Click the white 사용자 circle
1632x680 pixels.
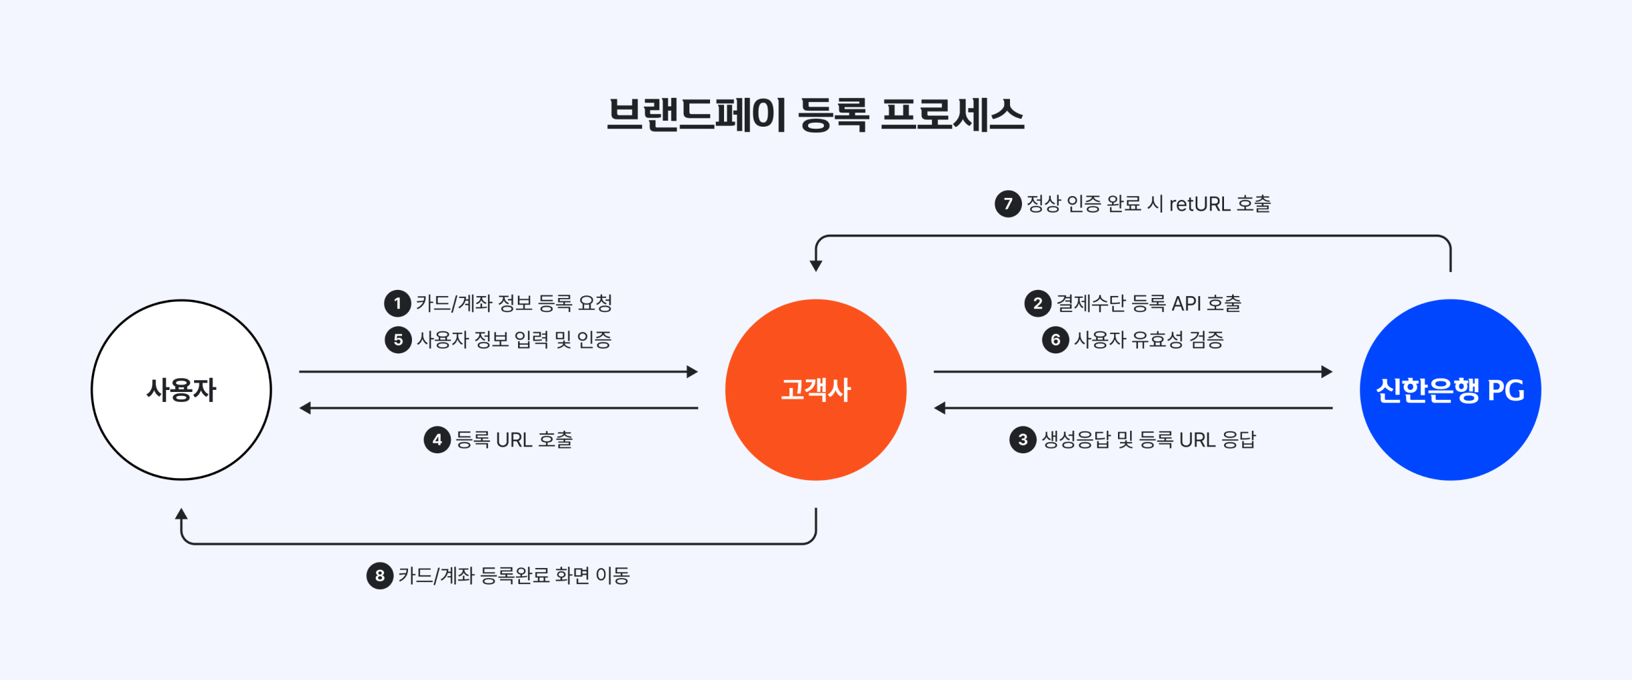click(x=181, y=390)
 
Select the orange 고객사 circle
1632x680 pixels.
click(x=816, y=390)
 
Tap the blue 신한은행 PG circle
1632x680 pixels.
click(x=1451, y=390)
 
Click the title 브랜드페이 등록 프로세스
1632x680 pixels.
click(x=815, y=114)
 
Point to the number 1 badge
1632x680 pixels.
click(x=397, y=303)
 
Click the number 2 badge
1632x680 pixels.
click(x=1037, y=303)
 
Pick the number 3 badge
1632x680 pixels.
click(x=1023, y=440)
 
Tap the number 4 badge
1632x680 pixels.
click(x=437, y=440)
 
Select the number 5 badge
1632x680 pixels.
click(x=398, y=340)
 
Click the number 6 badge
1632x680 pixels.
click(x=1055, y=340)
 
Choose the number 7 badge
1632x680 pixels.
click(x=1008, y=203)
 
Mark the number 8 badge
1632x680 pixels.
click(x=380, y=575)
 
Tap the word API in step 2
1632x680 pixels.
click(x=1187, y=304)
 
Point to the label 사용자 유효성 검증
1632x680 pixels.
click(x=1149, y=340)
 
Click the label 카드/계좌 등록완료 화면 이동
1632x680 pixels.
click(x=514, y=575)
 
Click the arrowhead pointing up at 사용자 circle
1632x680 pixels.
click(x=181, y=513)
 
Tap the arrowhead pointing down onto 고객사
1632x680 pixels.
click(x=816, y=266)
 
